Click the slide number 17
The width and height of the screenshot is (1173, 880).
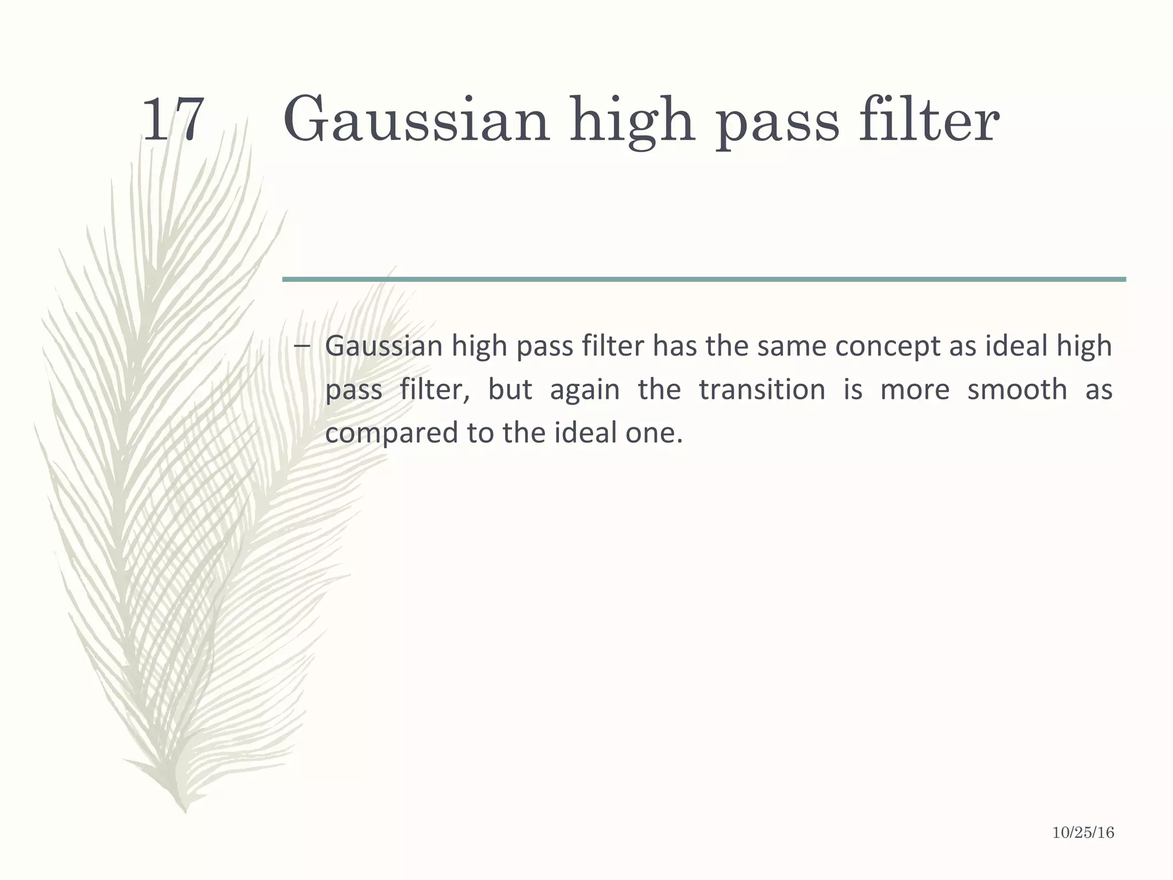(172, 120)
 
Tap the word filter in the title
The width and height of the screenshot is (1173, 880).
(928, 120)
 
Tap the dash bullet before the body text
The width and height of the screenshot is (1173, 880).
(302, 345)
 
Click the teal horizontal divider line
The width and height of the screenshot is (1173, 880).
(703, 279)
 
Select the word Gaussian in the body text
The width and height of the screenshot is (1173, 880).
(384, 347)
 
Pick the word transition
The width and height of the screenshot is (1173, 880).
(762, 390)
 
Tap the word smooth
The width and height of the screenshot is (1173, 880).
(1017, 390)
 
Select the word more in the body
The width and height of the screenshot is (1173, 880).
(915, 390)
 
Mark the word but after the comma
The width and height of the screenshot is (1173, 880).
(510, 390)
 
